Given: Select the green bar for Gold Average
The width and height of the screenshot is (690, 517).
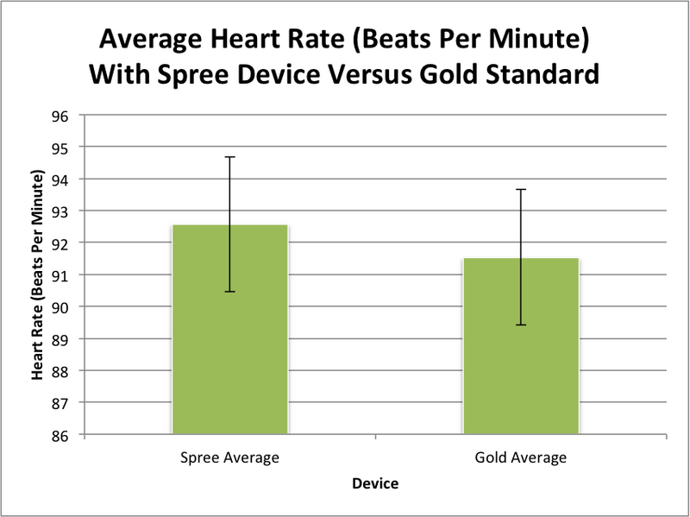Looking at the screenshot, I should [x=521, y=346].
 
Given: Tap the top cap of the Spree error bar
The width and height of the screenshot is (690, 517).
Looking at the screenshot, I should [x=230, y=157].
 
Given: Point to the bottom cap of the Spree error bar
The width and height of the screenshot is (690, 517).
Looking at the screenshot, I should [x=230, y=292].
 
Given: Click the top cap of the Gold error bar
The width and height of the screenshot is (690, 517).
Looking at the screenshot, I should [x=521, y=189].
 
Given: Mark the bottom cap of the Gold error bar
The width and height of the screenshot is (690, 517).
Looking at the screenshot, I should [x=521, y=325].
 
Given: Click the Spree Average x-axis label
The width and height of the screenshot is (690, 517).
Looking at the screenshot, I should [x=230, y=457].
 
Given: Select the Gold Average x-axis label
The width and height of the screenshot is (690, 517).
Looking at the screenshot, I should [x=521, y=457].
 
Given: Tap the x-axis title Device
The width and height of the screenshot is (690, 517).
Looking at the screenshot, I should [x=375, y=484].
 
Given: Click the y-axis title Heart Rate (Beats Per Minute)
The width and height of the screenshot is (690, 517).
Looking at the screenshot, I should [x=38, y=274].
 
